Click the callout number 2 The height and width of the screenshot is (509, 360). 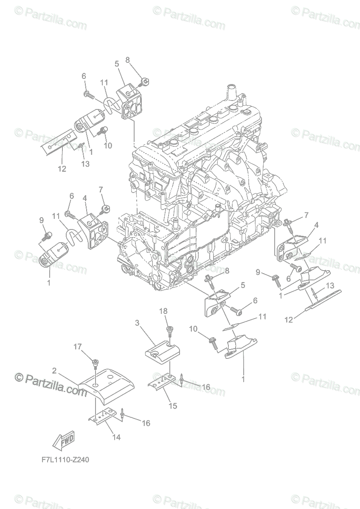[54, 371]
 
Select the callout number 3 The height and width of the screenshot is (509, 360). [137, 323]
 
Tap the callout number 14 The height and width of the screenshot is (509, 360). [116, 437]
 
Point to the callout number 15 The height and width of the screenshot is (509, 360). [173, 406]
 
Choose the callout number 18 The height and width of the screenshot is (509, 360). [163, 311]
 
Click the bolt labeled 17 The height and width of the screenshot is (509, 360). [95, 362]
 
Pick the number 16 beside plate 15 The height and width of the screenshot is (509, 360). [205, 387]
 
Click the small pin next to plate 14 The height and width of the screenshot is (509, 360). [122, 413]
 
